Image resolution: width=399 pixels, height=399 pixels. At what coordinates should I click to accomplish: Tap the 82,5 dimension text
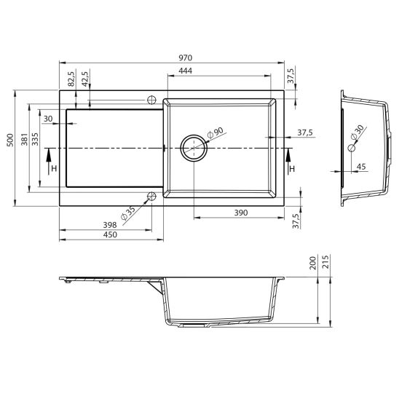[x=71, y=78]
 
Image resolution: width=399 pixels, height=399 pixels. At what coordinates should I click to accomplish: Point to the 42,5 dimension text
[x=85, y=78]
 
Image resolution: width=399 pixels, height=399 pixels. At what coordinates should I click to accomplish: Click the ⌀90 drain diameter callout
[x=216, y=134]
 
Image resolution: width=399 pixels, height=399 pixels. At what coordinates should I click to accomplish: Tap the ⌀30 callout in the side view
[x=357, y=133]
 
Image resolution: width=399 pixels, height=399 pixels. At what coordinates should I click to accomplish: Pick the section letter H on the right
[x=292, y=170]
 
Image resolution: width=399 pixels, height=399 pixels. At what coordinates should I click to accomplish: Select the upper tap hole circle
[x=152, y=100]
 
